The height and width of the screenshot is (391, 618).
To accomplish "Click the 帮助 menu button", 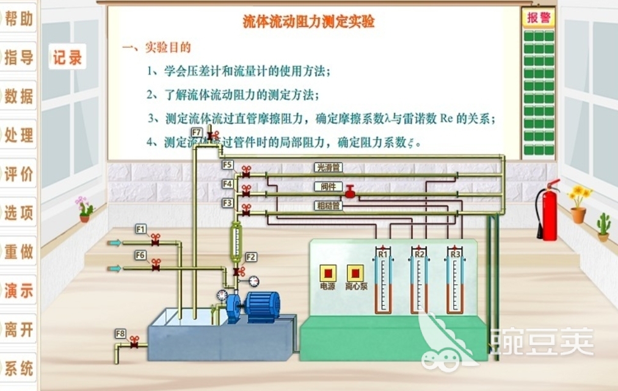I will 18,19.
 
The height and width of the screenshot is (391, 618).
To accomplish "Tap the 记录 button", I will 67,58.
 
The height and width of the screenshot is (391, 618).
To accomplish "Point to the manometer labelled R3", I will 454,282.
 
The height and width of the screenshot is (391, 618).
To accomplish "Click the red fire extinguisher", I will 549,211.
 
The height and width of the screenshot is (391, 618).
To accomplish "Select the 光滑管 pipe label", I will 328,167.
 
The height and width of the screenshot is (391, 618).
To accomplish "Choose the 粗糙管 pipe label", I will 328,206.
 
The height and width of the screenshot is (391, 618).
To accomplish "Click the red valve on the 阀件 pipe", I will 350,192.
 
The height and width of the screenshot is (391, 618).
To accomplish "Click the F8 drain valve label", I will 120,334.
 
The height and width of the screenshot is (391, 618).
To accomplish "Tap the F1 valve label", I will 140,229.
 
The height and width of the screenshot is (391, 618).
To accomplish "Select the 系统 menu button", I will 18,368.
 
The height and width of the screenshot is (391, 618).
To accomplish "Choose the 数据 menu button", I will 18,96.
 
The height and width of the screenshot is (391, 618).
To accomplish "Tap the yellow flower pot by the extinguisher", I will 578,205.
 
